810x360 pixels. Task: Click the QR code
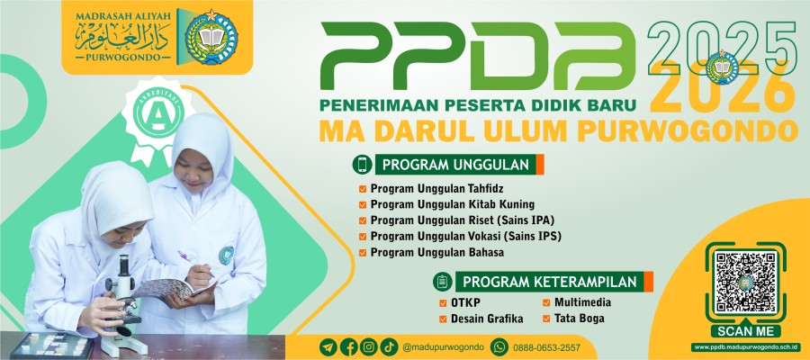pyautogui.click(x=745, y=282)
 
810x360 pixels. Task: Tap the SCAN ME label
pyautogui.click(x=745, y=331)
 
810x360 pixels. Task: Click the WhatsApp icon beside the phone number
pyautogui.click(x=499, y=346)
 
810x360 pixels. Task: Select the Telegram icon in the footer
pyautogui.click(x=328, y=346)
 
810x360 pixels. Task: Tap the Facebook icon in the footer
pyautogui.click(x=348, y=346)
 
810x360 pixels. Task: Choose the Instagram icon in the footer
pyautogui.click(x=369, y=346)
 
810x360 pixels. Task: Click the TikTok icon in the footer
pyautogui.click(x=389, y=346)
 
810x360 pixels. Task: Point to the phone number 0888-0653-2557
pyautogui.click(x=547, y=347)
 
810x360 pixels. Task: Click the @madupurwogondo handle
pyautogui.click(x=443, y=346)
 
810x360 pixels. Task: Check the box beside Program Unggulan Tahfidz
pyautogui.click(x=363, y=189)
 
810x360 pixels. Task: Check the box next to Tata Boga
pyautogui.click(x=546, y=319)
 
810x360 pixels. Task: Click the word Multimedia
pyautogui.click(x=582, y=302)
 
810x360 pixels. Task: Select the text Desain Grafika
pyautogui.click(x=487, y=319)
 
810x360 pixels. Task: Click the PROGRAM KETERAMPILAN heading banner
pyautogui.click(x=553, y=282)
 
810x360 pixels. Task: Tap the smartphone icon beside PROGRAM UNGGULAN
pyautogui.click(x=362, y=164)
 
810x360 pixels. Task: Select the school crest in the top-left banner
pyautogui.click(x=211, y=38)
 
